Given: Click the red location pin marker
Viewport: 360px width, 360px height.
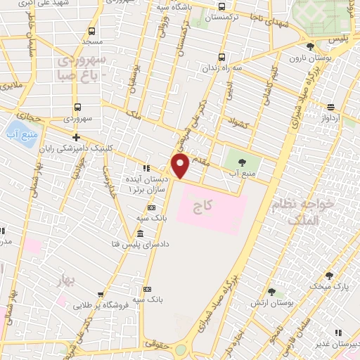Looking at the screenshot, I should pyautogui.click(x=180, y=165).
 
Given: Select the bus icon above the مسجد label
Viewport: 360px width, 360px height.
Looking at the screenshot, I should pyautogui.click(x=91, y=31).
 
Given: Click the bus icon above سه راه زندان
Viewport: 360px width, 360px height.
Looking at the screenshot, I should pyautogui.click(x=222, y=57).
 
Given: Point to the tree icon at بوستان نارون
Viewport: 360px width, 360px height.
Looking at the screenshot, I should pyautogui.click(x=310, y=46).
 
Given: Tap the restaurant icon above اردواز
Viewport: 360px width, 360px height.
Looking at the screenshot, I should pyautogui.click(x=330, y=108).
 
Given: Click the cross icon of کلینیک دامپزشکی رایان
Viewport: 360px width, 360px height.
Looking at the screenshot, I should pyautogui.click(x=76, y=137).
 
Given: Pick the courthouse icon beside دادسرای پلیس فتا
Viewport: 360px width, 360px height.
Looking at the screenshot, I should pyautogui.click(x=141, y=233).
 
